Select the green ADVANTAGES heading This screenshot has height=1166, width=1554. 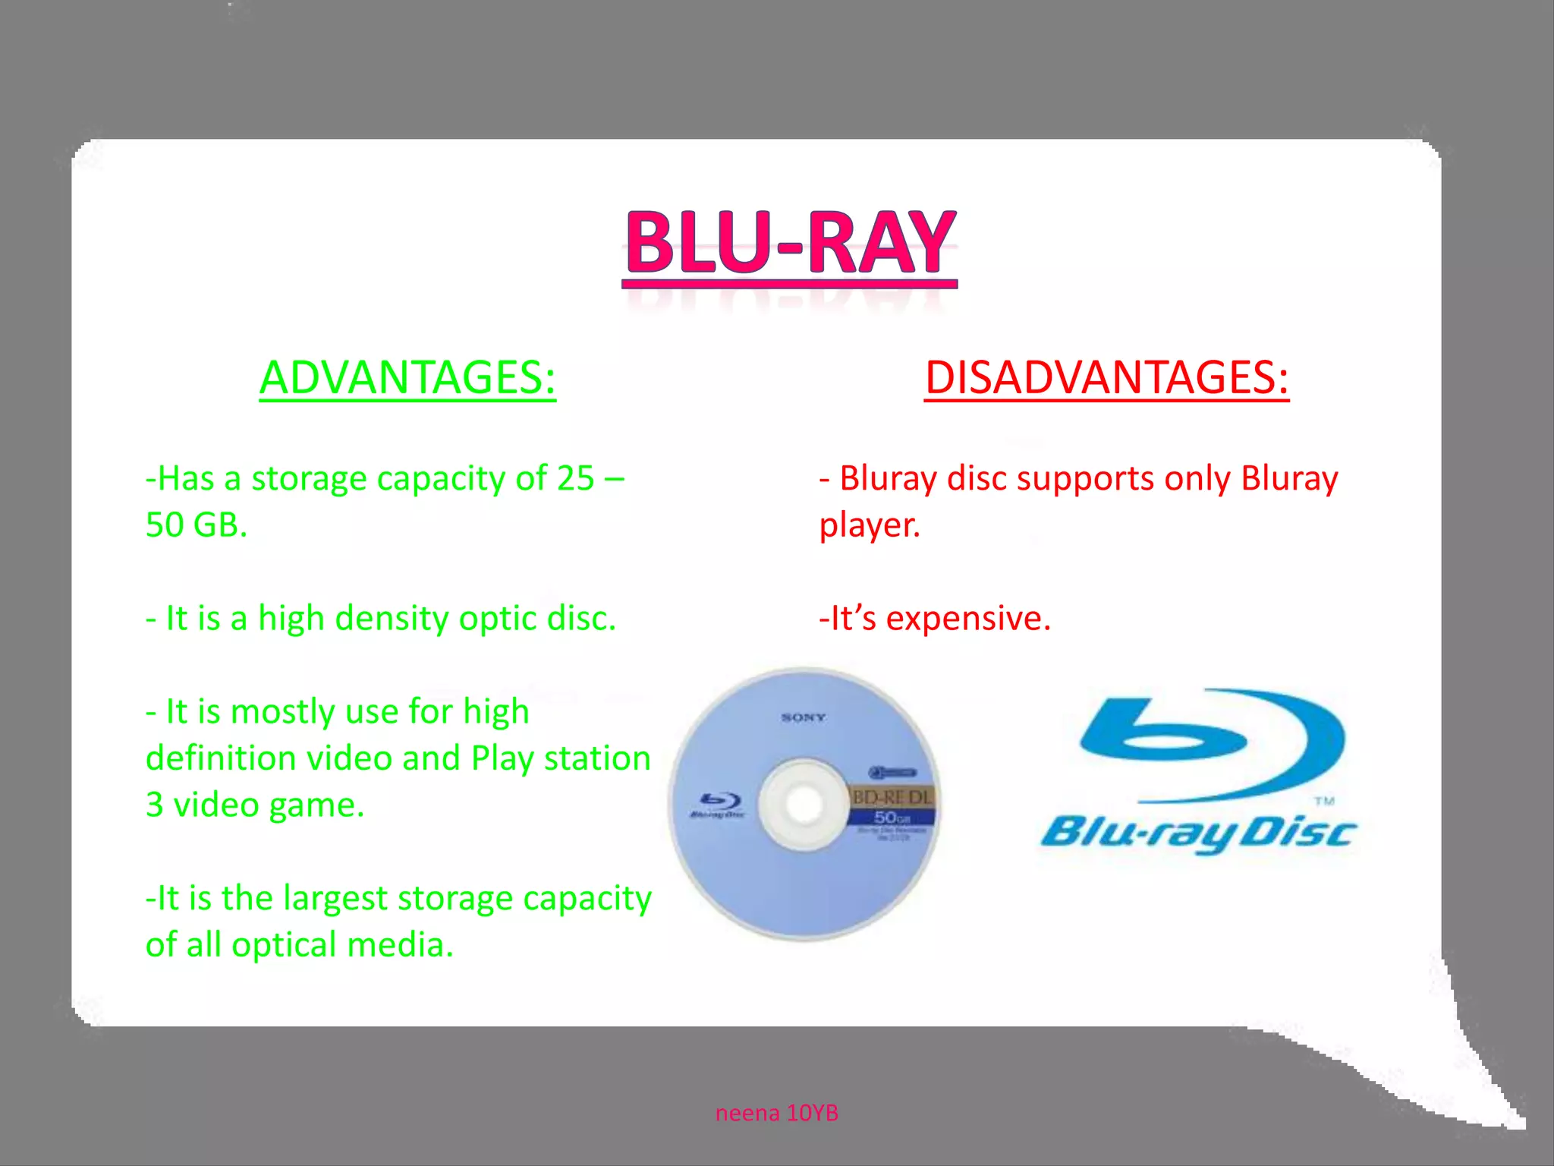(x=407, y=377)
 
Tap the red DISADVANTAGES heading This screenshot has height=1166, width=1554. (x=1106, y=377)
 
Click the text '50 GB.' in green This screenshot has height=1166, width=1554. (x=197, y=525)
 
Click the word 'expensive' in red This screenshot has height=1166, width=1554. (x=967, y=618)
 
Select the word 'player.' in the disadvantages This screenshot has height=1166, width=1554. (x=870, y=525)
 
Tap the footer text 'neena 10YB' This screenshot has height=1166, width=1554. (x=776, y=1113)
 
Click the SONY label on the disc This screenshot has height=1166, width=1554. (x=803, y=717)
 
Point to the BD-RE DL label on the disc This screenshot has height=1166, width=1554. (x=892, y=797)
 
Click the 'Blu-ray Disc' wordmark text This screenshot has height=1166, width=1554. (x=1197, y=834)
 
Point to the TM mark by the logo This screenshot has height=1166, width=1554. (x=1324, y=801)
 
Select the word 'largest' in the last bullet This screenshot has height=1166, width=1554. (x=335, y=898)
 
